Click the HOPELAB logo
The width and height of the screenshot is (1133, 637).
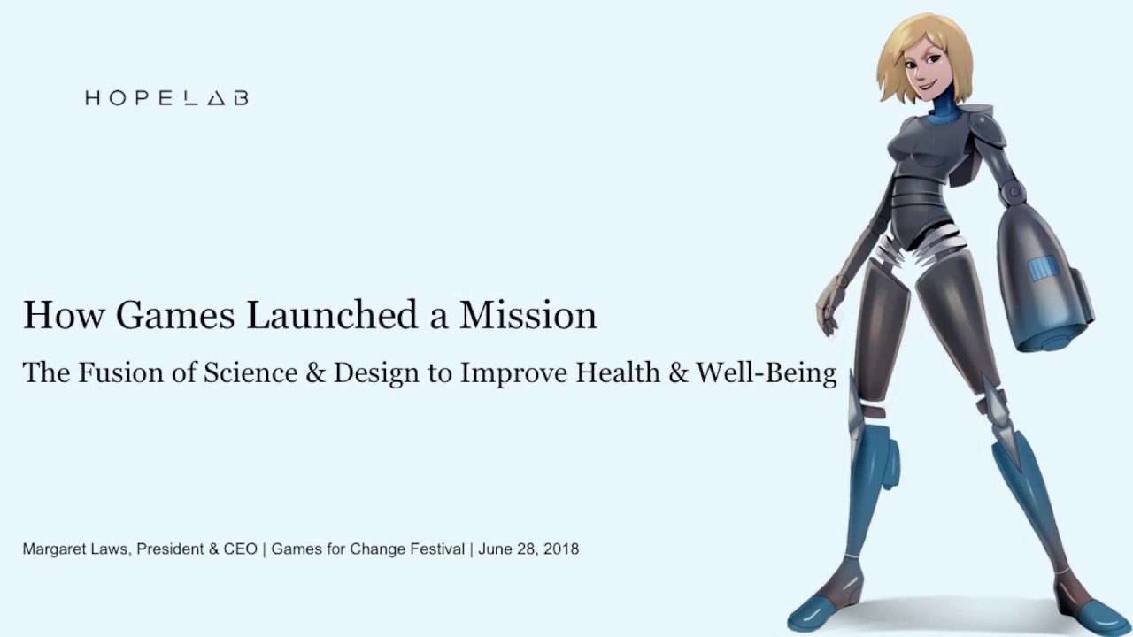[x=166, y=98]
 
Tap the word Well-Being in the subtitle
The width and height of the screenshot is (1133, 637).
[x=766, y=373]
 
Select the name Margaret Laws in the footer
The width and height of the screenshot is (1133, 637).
[x=76, y=549]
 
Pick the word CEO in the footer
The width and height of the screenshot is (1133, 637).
[x=240, y=549]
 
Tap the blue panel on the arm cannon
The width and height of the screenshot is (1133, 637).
[x=1043, y=267]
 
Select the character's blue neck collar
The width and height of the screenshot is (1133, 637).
[x=946, y=113]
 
